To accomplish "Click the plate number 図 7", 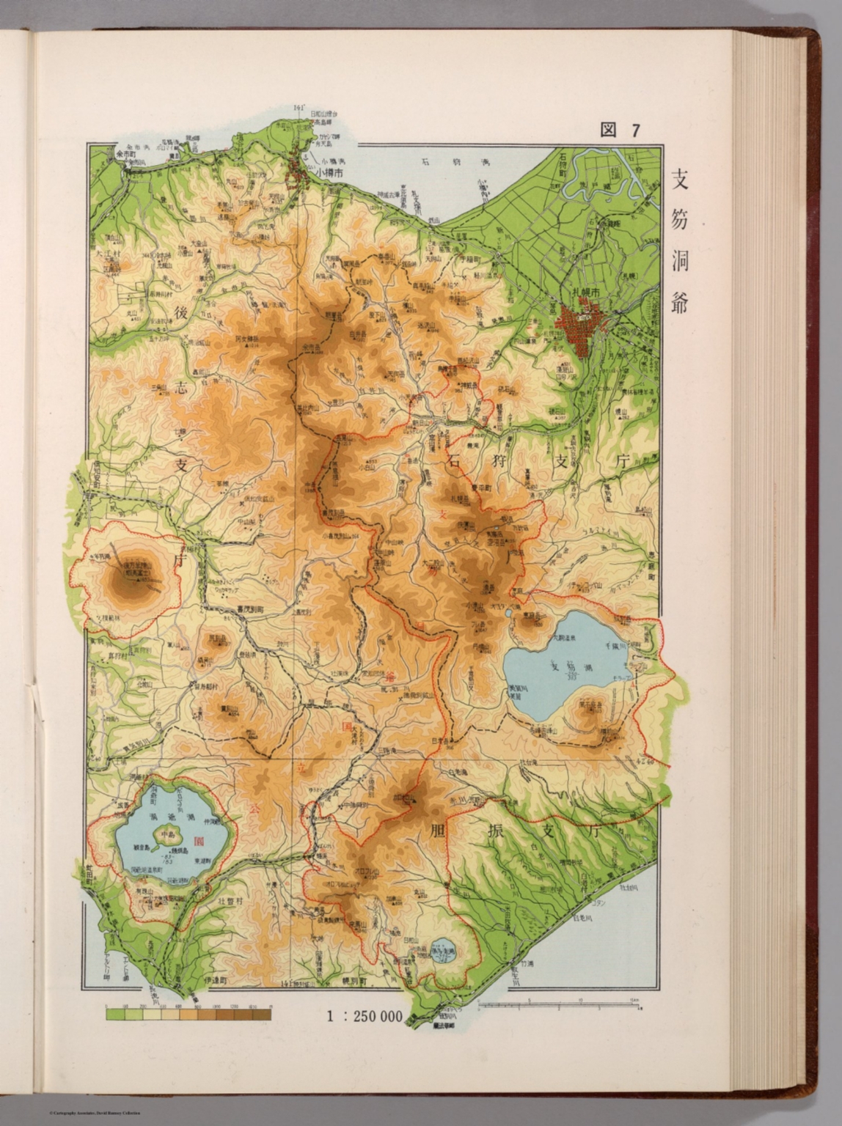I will click(x=620, y=130).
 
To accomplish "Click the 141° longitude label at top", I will click(x=299, y=108).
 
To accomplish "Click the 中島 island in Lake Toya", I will click(x=170, y=834).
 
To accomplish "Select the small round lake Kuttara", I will click(x=443, y=950).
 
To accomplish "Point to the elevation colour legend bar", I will click(x=188, y=1015).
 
